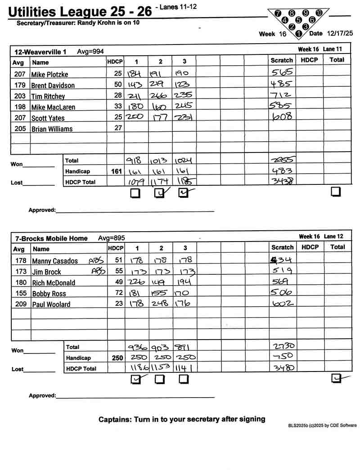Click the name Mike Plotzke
[49, 74]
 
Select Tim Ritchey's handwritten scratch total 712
[282, 95]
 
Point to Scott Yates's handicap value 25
[118, 118]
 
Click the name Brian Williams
[52, 129]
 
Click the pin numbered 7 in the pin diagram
[278, 13]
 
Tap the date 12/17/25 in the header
[339, 33]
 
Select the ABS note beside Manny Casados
[95, 260]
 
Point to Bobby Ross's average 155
[19, 294]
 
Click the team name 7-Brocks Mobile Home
[51, 238]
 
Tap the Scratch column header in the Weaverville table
[282, 61]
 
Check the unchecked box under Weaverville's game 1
[135, 193]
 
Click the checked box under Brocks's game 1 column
[135, 380]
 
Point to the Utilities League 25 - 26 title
[80, 12]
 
